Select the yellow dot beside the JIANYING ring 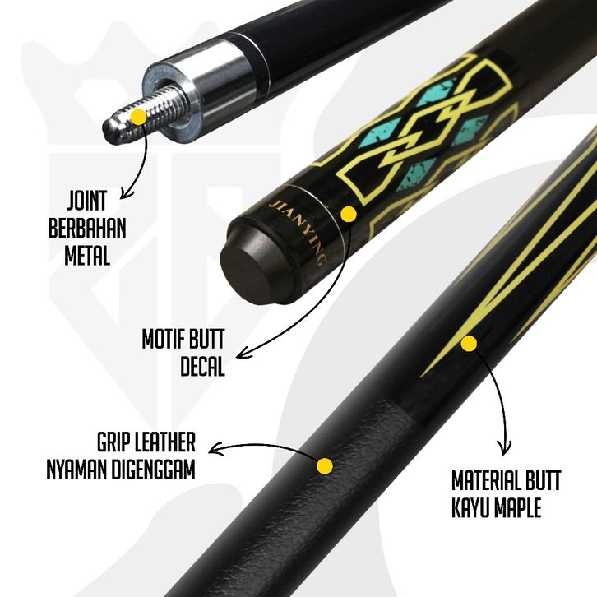pyautogui.click(x=348, y=215)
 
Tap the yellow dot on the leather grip pyautogui.click(x=325, y=466)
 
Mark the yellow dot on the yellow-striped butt pyautogui.click(x=470, y=342)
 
